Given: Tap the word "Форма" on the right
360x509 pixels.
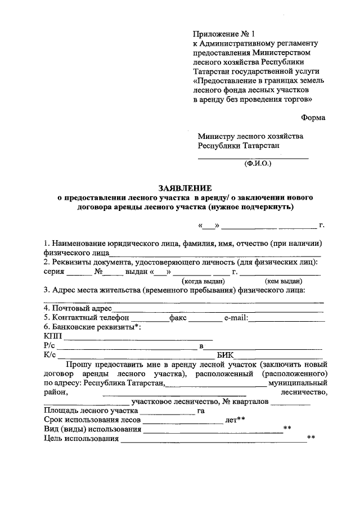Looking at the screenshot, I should point(312,118).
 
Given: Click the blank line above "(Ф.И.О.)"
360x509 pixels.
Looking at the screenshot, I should point(253,157).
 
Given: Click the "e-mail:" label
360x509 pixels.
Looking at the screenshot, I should point(236,318).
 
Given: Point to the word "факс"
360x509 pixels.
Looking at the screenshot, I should point(178,318).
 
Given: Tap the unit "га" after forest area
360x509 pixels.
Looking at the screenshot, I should point(201,411).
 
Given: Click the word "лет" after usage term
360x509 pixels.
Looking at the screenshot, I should point(231,420).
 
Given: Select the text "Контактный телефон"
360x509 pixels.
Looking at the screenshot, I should point(91,318).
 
